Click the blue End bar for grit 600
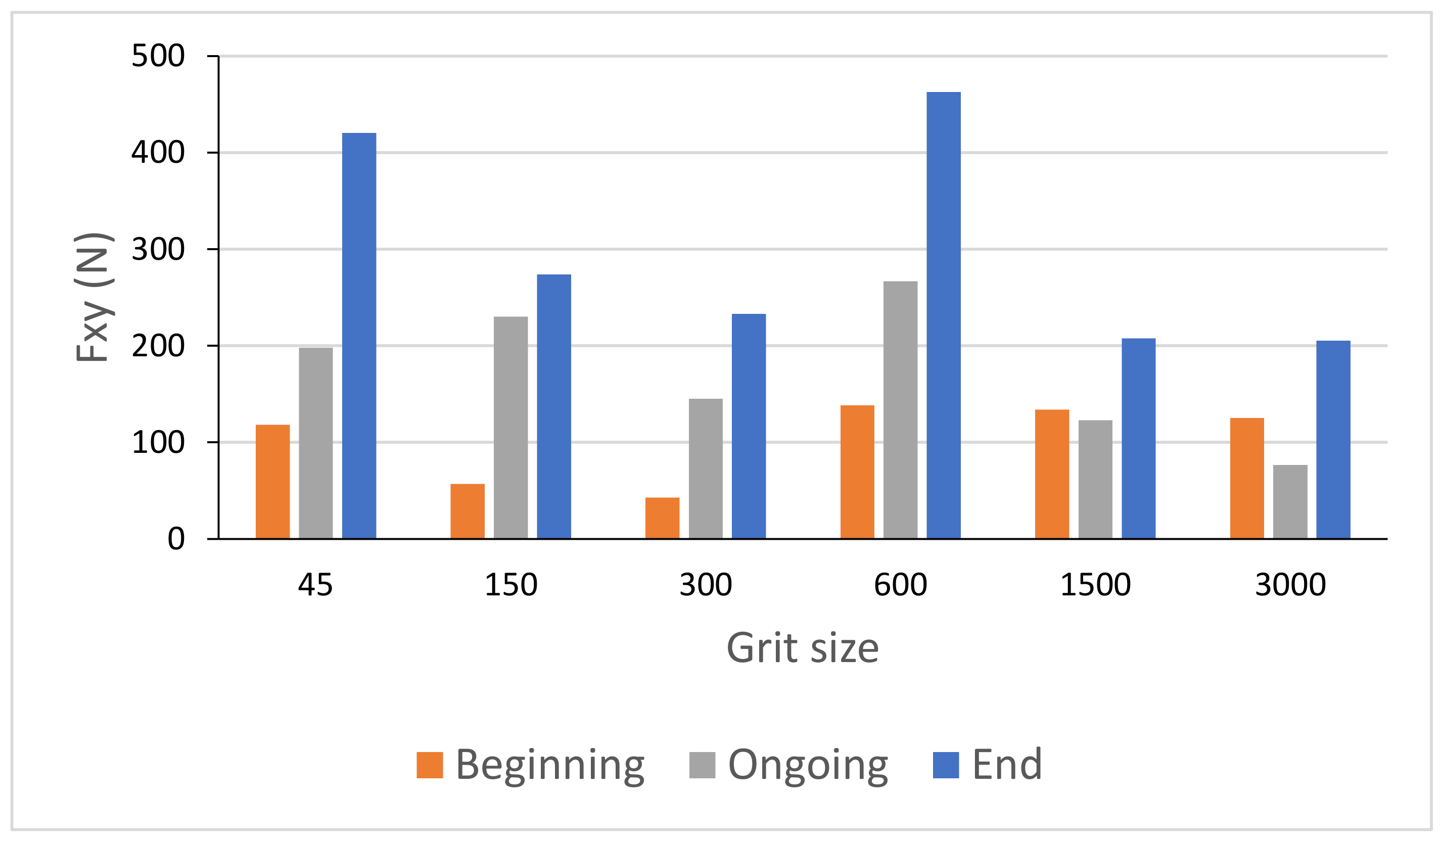pyautogui.click(x=943, y=315)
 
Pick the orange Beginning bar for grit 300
pyautogui.click(x=662, y=518)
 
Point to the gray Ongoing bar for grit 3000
pyautogui.click(x=1290, y=502)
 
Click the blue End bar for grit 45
pyautogui.click(x=359, y=336)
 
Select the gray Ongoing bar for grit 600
pyautogui.click(x=900, y=409)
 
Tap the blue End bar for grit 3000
pyautogui.click(x=1333, y=439)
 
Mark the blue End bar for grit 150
pyautogui.click(x=553, y=406)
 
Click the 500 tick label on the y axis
pyautogui.click(x=158, y=56)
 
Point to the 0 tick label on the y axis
pyautogui.click(x=176, y=539)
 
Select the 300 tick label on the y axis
pyautogui.click(x=158, y=249)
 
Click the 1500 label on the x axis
pyautogui.click(x=1095, y=585)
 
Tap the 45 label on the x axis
pyautogui.click(x=315, y=585)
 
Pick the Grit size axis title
pyautogui.click(x=802, y=648)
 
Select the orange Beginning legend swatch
pyautogui.click(x=429, y=765)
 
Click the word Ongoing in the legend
pyautogui.click(x=807, y=765)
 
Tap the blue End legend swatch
pyautogui.click(x=946, y=765)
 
